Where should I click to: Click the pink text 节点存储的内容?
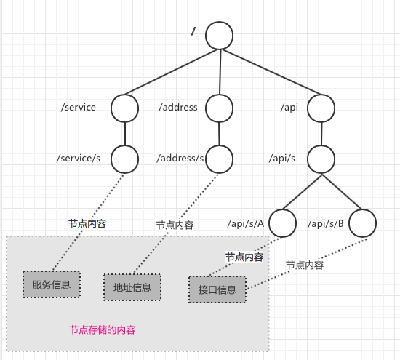point(103,330)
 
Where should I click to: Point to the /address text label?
point(178,107)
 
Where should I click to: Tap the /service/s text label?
point(79,159)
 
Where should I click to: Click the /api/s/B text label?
point(326,223)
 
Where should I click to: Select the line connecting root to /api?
point(271,72)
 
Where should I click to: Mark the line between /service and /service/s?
point(125,134)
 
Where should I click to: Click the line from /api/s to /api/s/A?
point(302,192)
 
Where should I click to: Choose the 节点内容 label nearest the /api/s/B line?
point(305,265)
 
